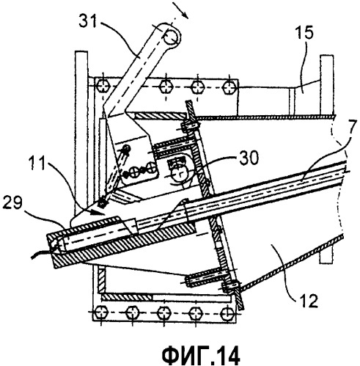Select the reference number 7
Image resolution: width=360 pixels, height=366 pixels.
pos(351,126)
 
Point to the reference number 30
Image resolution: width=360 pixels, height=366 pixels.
pos(248,158)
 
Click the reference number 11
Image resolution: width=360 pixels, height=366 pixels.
pos(37,163)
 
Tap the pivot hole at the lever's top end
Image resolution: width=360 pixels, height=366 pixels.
pos(170,37)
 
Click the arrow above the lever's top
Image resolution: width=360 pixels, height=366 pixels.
pos(181,10)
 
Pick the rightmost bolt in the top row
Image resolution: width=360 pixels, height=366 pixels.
pos(229,87)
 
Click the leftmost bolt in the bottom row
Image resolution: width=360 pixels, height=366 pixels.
pos(101,312)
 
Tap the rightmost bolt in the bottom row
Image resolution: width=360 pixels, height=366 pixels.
pos(226,313)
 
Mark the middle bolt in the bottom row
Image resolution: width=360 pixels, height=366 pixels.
pos(164,313)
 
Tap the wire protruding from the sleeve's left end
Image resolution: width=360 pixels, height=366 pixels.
pos(42,252)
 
